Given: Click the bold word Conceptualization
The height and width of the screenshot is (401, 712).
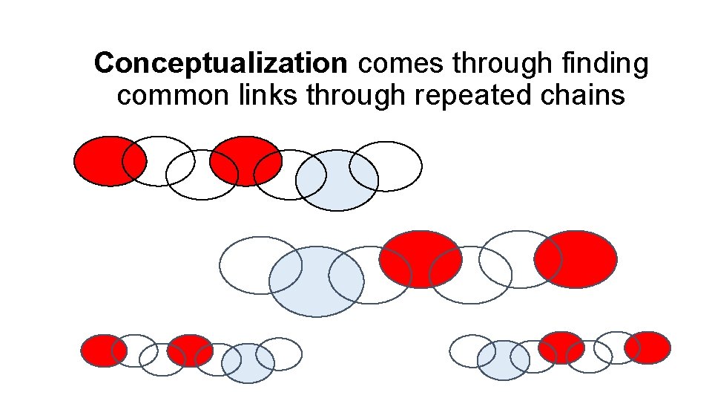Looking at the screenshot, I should coord(220,65).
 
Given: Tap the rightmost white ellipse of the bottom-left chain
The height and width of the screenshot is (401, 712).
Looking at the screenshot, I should coord(286,353).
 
